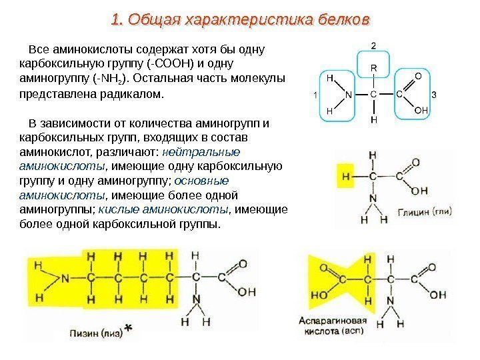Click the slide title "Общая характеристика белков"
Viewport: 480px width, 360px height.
(240, 21)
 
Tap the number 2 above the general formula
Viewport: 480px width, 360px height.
(373, 45)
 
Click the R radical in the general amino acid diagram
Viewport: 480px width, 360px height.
(373, 69)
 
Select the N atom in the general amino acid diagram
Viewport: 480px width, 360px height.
(348, 95)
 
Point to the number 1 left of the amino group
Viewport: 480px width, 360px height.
(315, 95)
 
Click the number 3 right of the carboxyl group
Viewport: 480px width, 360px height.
(434, 95)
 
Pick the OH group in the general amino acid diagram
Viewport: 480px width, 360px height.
(421, 109)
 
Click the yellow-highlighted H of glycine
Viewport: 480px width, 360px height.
(345, 177)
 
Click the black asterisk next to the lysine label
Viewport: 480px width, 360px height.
(129, 329)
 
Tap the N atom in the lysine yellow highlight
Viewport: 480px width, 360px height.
(66, 278)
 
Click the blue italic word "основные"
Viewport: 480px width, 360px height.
(205, 181)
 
